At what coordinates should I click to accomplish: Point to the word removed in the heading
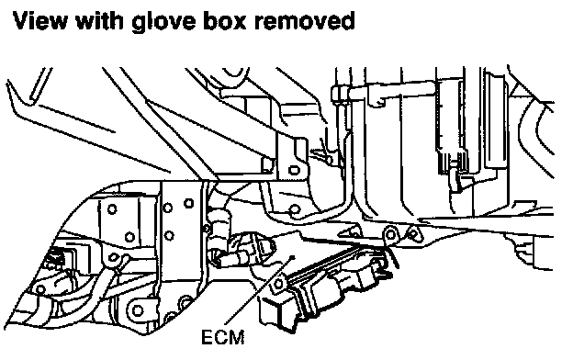(305, 20)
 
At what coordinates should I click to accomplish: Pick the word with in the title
(99, 20)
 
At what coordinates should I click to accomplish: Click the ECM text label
(222, 337)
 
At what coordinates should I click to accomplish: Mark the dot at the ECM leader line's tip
(292, 257)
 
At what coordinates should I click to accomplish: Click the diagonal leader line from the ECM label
(259, 290)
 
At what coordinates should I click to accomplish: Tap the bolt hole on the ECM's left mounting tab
(278, 284)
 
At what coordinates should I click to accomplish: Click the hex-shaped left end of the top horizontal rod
(337, 94)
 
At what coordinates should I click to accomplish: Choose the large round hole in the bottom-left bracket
(137, 310)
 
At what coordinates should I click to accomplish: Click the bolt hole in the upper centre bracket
(294, 170)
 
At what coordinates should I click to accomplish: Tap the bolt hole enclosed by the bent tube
(294, 209)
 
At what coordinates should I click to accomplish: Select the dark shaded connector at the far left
(55, 258)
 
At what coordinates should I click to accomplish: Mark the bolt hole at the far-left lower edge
(40, 289)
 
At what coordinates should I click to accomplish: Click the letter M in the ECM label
(236, 337)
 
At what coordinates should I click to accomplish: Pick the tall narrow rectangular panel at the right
(496, 120)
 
